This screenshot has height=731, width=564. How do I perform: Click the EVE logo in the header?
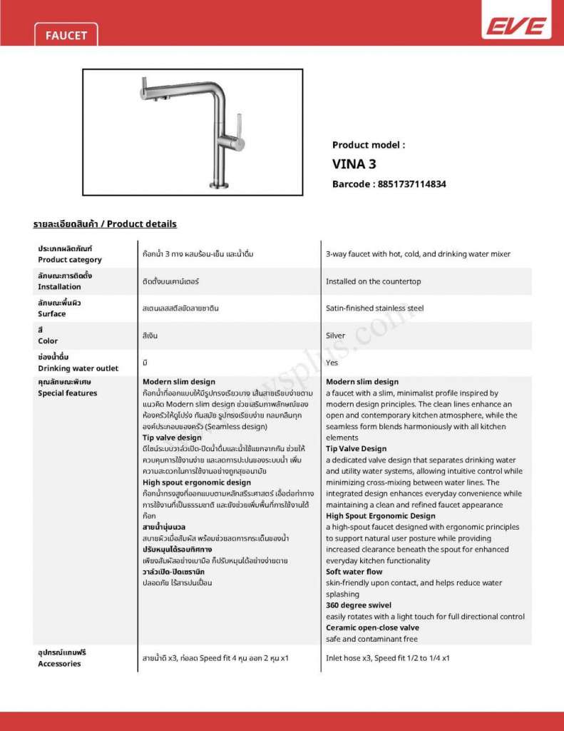click(516, 27)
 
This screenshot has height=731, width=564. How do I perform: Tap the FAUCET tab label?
click(66, 35)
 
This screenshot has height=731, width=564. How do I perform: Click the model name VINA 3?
click(354, 163)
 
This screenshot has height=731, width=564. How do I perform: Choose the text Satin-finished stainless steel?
click(374, 308)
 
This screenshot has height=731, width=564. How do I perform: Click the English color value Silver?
click(335, 336)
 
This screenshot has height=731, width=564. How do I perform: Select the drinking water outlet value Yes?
click(332, 363)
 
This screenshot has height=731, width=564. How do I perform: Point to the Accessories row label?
click(59, 664)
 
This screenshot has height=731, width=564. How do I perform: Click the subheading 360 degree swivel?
click(359, 605)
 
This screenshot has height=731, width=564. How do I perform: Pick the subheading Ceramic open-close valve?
click(372, 627)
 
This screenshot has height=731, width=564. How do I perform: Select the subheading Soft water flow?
click(354, 572)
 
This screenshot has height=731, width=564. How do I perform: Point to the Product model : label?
click(369, 145)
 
